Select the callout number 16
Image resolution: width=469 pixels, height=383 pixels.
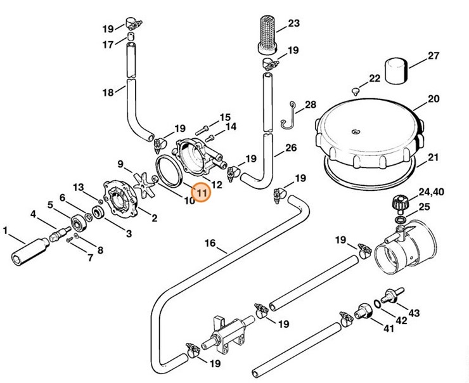210,243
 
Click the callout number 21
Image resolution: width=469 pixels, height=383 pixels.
434,159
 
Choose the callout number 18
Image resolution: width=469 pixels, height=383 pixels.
108,92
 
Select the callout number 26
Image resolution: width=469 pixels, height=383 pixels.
290,149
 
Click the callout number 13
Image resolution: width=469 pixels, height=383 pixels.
77,187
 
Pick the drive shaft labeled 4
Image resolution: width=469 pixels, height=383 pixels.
65,231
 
